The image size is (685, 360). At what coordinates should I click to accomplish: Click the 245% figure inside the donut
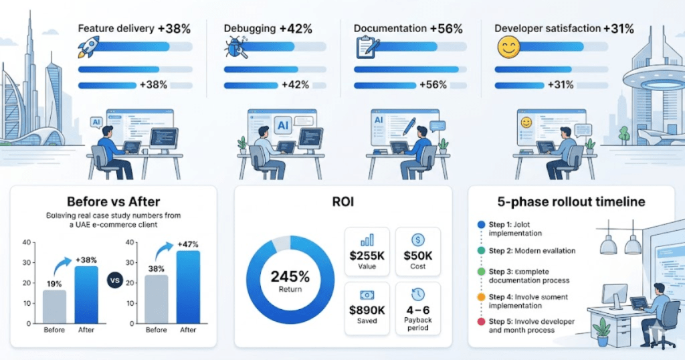tap(290, 276)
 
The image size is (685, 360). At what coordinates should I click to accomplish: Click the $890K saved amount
tap(367, 309)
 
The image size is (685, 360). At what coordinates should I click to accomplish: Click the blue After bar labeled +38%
tap(86, 294)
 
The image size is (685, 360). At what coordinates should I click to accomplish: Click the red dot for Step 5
tap(481, 322)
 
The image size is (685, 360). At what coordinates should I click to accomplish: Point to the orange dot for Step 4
tap(481, 297)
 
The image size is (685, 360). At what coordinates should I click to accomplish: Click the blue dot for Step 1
tap(481, 225)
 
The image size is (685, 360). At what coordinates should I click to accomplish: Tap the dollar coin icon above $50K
tap(418, 240)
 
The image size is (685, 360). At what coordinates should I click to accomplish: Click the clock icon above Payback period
tap(418, 294)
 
